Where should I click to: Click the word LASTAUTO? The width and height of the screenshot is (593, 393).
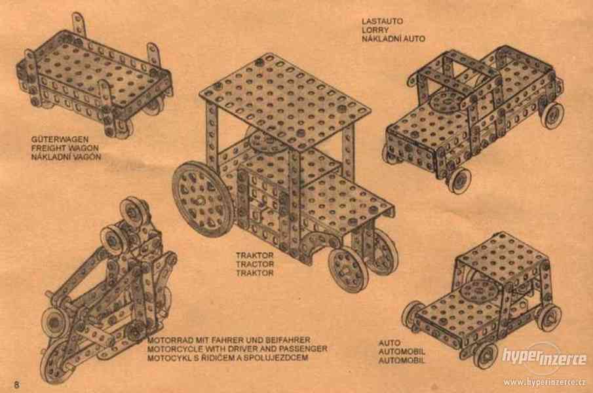click(382, 22)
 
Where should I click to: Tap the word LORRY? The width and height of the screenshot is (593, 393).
click(375, 30)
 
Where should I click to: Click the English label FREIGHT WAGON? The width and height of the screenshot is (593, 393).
click(65, 148)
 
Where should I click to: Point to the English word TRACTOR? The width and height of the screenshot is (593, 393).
click(255, 264)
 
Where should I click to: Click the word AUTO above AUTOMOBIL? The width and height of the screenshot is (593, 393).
click(389, 343)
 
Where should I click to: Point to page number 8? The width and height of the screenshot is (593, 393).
click(16, 385)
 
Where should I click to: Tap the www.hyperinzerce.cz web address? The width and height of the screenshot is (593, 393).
click(545, 383)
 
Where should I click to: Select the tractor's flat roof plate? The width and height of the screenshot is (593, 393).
click(284, 100)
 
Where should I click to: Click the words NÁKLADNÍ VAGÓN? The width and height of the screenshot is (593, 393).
click(66, 157)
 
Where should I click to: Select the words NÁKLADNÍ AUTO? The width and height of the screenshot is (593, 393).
click(393, 39)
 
